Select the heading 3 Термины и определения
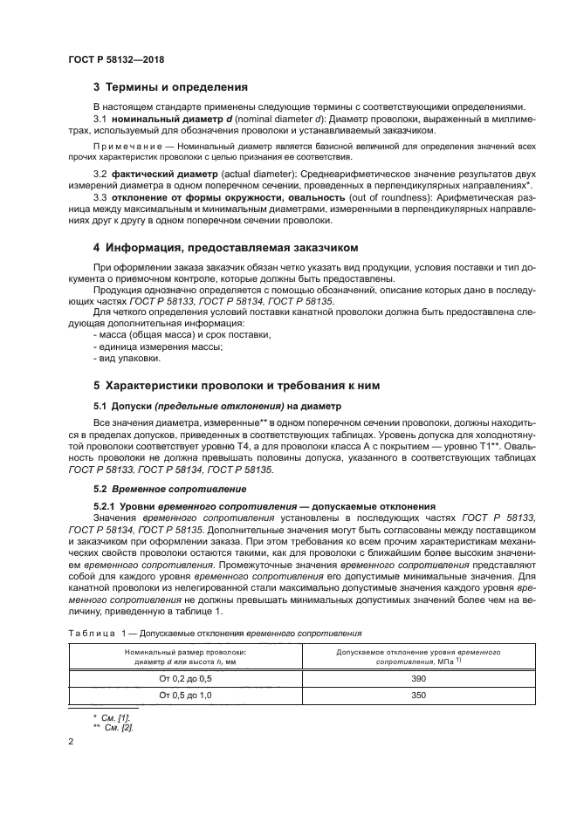click(x=170, y=87)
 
